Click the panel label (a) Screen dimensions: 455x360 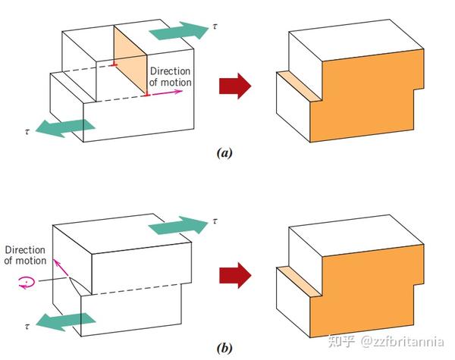tap(224, 152)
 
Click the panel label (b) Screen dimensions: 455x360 tap(224, 348)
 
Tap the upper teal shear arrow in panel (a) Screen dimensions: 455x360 tap(179, 30)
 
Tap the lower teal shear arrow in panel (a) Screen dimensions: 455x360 tap(65, 128)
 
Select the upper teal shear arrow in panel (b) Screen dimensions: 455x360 tap(179, 225)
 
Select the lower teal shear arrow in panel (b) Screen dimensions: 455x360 tap(65, 322)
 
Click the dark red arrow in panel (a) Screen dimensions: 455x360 tap(235, 86)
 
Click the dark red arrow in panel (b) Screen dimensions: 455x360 tap(235, 275)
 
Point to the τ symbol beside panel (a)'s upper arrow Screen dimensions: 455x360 tap(215, 27)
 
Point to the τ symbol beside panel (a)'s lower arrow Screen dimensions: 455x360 tap(27, 132)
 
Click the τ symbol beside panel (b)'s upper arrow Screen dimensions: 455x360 tap(215, 221)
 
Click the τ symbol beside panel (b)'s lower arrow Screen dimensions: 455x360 tap(27, 327)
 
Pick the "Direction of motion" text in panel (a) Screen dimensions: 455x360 tap(171, 77)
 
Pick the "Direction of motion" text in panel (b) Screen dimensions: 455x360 tap(25, 255)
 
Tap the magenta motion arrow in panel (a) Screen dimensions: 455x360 tap(167, 92)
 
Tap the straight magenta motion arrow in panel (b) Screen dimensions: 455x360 tap(61, 267)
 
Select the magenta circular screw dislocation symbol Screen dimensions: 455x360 tap(27, 282)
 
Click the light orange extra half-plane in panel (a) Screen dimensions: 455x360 tap(130, 61)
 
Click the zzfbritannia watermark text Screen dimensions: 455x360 tap(402, 342)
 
